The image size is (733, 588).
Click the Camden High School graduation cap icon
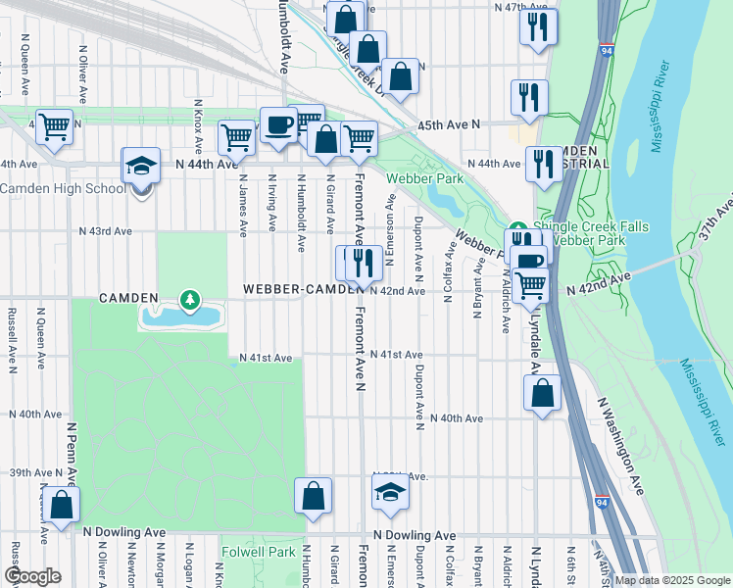tap(141, 166)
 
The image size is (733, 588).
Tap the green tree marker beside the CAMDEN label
tap(187, 298)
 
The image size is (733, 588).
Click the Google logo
tap(32, 576)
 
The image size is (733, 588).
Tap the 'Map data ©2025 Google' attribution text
tap(672, 580)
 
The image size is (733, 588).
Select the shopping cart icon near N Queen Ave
tap(54, 125)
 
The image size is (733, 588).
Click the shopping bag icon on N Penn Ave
tap(61, 507)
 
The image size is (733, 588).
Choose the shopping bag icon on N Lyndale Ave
tap(542, 393)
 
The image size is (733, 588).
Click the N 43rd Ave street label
tap(106, 231)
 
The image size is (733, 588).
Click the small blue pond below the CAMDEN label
tap(181, 316)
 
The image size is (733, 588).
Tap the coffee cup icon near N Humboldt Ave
tap(278, 124)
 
